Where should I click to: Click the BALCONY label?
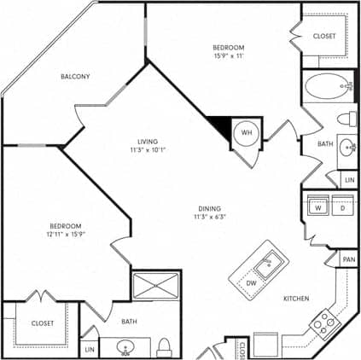[76, 77]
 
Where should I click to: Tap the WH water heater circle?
[247, 133]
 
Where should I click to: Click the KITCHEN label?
[296, 299]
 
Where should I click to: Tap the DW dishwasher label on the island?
[250, 283]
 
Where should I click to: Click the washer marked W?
[317, 207]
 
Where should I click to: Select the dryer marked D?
[343, 207]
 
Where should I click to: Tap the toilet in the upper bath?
[346, 117]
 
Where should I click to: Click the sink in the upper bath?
[347, 148]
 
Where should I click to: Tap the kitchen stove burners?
[323, 323]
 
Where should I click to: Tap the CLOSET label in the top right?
[325, 36]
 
